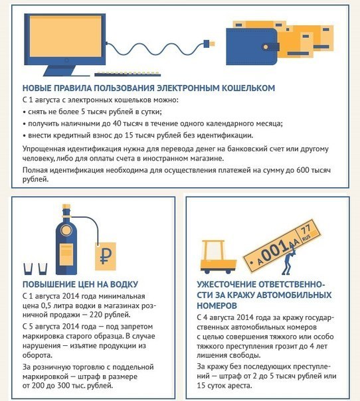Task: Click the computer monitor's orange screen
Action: pos(66,36)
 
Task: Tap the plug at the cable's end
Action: pos(209,44)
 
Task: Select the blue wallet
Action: pos(252,46)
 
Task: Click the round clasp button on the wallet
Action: pos(266,47)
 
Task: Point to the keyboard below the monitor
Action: pos(128,74)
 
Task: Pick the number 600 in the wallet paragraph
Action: pos(303,170)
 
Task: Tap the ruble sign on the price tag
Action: pos(106,256)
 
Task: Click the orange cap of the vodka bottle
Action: pos(66,206)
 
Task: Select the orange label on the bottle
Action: pos(66,254)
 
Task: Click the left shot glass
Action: pos(28,269)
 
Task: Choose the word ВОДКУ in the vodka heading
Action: pos(124,284)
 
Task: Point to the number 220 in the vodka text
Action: pos(96,315)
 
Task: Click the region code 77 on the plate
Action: pos(306,229)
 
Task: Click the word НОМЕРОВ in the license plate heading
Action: pos(217,305)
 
